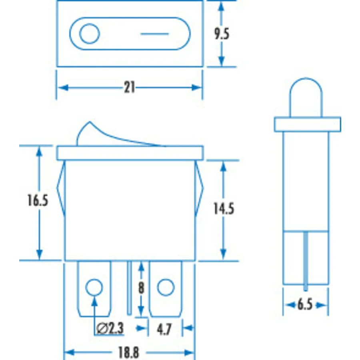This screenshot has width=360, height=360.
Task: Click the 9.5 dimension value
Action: tap(222, 34)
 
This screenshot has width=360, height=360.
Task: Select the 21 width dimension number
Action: tap(130, 88)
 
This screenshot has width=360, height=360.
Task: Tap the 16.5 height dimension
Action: tap(38, 200)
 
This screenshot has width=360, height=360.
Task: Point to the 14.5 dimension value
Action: tap(224, 208)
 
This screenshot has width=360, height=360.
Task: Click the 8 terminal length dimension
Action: tap(141, 288)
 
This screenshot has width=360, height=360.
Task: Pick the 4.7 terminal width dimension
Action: tap(164, 330)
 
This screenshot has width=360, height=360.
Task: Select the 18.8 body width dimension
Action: tap(128, 352)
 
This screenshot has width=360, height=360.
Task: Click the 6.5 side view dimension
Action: tap(305, 305)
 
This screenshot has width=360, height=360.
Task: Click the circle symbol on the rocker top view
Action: tap(90, 34)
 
